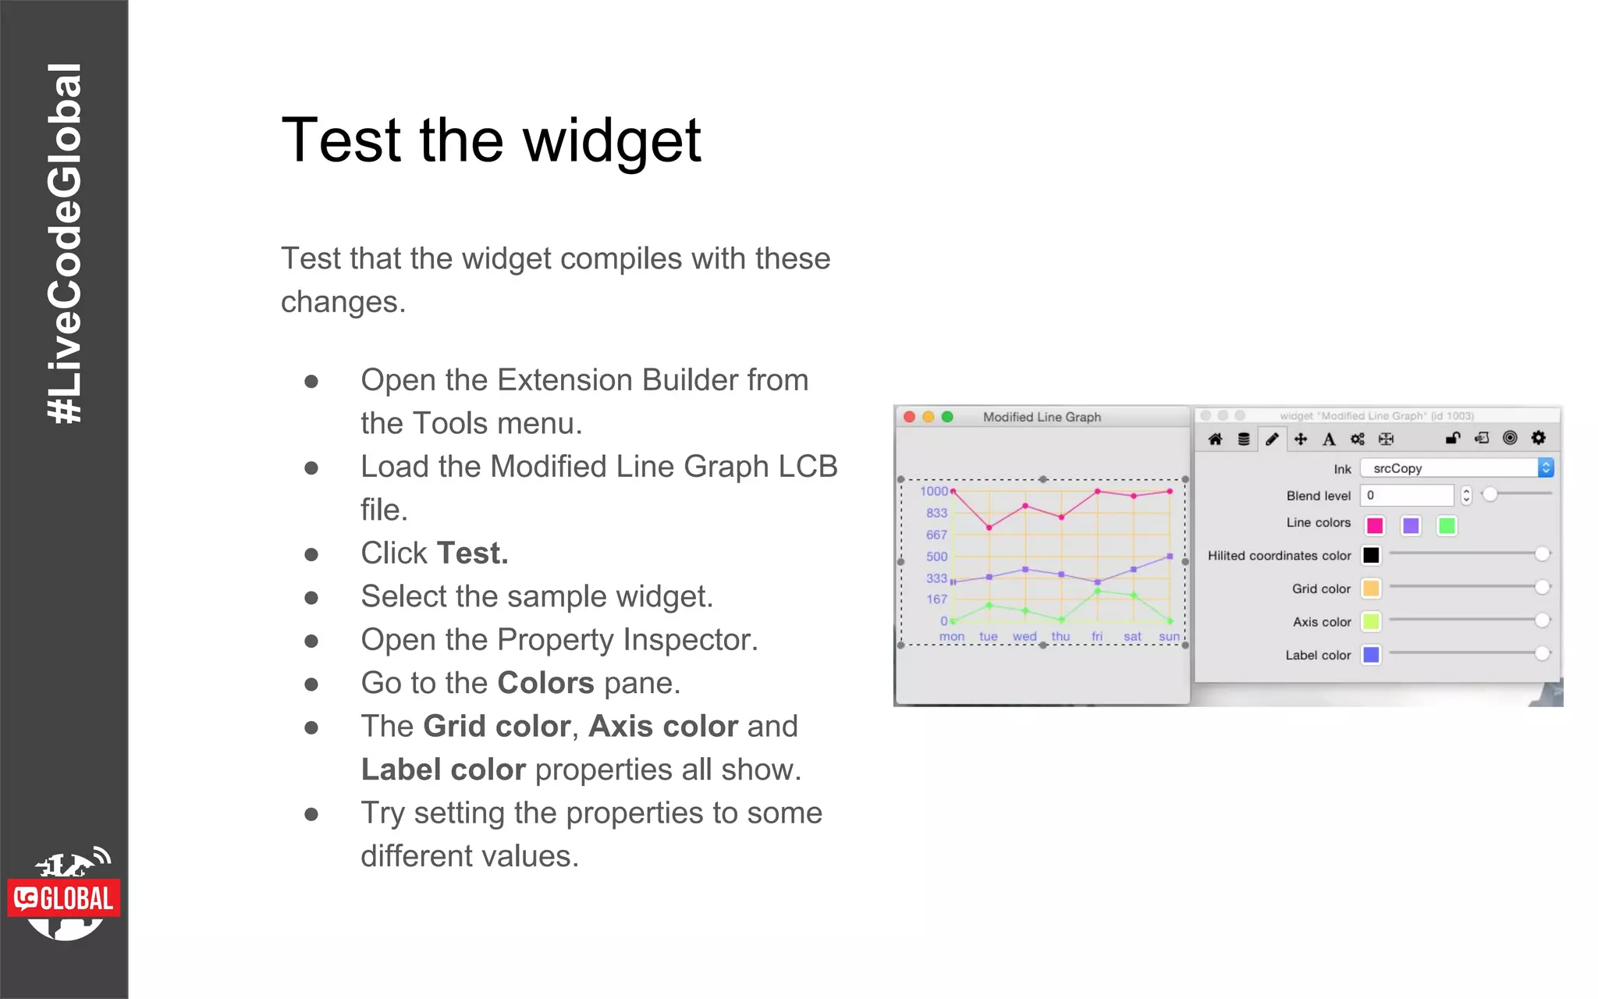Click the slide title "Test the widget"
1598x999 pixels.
(x=491, y=140)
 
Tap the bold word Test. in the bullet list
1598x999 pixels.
(x=472, y=553)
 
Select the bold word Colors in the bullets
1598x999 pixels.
(x=545, y=683)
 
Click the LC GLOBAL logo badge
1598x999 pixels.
(x=64, y=898)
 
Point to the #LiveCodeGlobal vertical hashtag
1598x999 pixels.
(x=64, y=242)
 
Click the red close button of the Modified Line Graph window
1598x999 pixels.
(x=909, y=417)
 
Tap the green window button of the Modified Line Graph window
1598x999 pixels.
(x=947, y=417)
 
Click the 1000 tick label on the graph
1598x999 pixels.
(x=933, y=491)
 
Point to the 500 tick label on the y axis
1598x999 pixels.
(x=936, y=556)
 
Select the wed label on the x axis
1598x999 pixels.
(x=1024, y=637)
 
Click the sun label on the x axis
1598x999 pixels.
(x=1169, y=637)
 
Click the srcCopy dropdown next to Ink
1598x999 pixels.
(x=1456, y=468)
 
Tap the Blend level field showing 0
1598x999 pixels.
(x=1406, y=496)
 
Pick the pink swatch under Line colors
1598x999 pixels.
(x=1375, y=526)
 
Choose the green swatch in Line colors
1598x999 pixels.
(x=1447, y=526)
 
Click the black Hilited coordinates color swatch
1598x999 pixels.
(x=1371, y=555)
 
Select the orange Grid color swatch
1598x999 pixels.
(x=1371, y=588)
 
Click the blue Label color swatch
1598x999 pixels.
(x=1371, y=655)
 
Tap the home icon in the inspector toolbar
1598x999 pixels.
(x=1215, y=439)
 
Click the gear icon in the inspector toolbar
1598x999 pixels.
(x=1538, y=438)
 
